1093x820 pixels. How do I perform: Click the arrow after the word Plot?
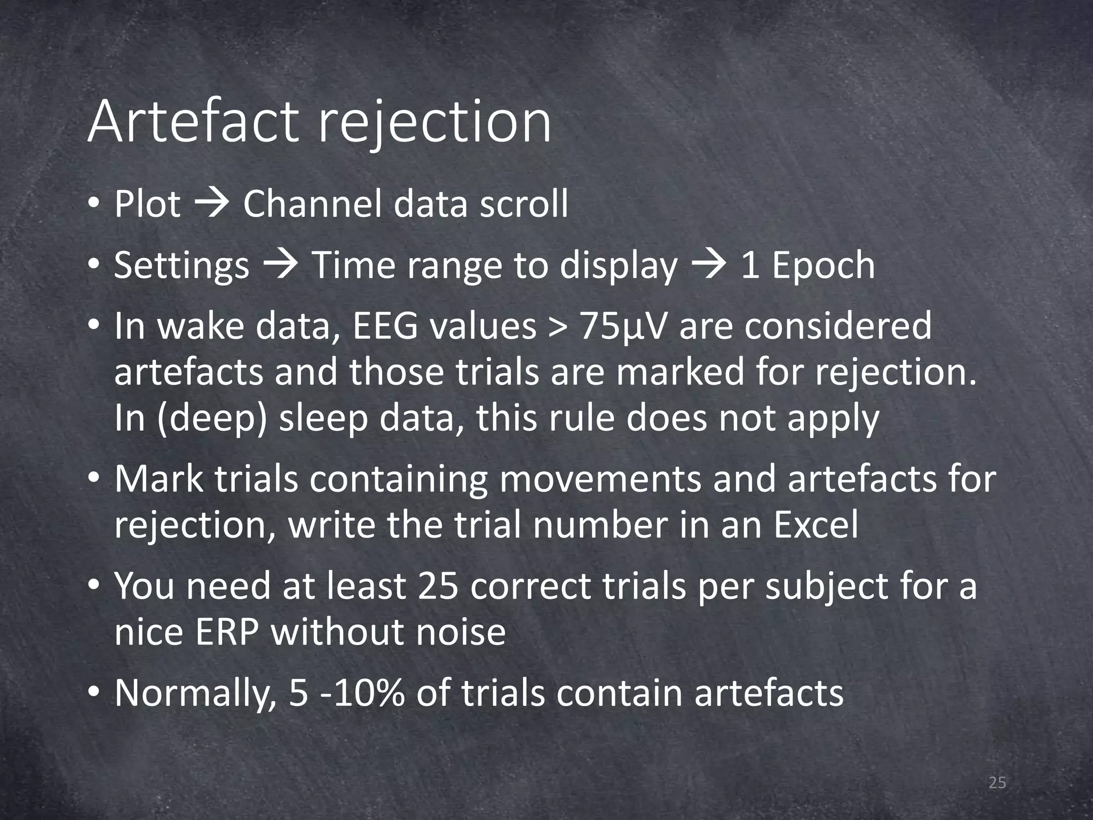click(212, 204)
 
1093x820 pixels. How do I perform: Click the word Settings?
click(181, 266)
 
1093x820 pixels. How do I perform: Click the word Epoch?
click(823, 265)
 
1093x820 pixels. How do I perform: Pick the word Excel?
click(817, 525)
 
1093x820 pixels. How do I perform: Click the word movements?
click(600, 479)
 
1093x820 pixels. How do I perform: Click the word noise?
click(461, 633)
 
